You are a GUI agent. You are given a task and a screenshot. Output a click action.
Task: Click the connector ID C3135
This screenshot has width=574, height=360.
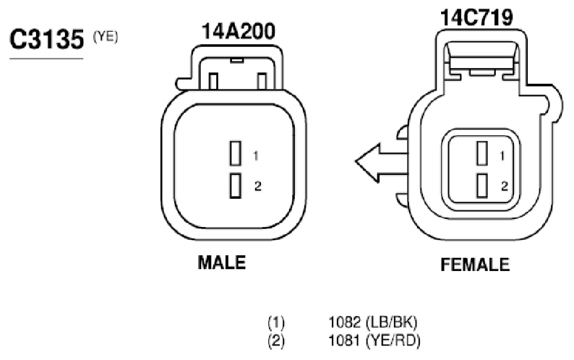47,39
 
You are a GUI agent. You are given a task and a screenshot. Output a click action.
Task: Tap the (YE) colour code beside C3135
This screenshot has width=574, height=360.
106,37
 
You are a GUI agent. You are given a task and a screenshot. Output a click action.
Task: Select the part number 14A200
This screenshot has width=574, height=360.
239,32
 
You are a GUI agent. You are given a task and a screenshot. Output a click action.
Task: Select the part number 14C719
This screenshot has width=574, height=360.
476,17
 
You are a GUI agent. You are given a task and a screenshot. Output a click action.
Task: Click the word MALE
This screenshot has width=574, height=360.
222,262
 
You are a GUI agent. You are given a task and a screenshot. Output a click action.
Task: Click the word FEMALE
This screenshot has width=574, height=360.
475,265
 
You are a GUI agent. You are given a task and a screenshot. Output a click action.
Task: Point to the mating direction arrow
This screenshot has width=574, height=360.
381,163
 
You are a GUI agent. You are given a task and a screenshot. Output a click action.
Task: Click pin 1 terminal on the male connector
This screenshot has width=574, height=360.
236,153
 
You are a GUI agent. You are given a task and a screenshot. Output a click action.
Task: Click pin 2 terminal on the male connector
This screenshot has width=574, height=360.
236,186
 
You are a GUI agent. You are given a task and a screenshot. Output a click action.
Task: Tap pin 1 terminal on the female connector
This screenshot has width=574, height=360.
482,153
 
